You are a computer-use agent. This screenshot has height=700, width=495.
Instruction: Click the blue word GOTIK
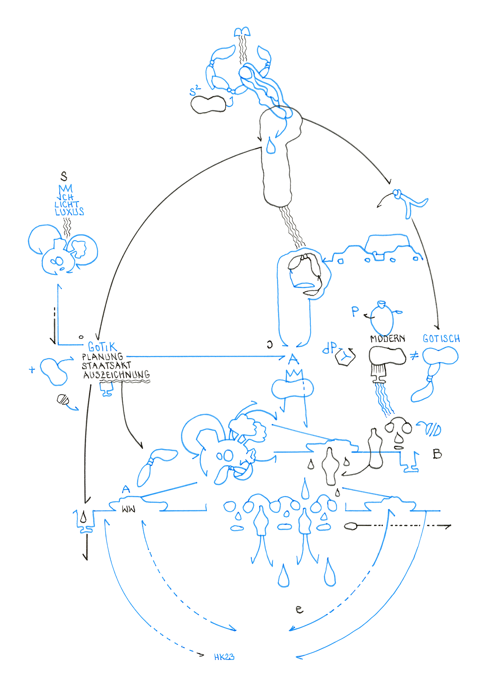point(102,347)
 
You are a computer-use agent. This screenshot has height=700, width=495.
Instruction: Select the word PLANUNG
point(102,357)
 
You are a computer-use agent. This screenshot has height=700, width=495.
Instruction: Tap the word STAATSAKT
point(106,366)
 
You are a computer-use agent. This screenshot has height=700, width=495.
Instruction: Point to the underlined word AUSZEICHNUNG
point(116,375)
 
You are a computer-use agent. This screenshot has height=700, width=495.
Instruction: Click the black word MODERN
point(388,339)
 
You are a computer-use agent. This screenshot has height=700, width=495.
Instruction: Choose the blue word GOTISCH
point(441,339)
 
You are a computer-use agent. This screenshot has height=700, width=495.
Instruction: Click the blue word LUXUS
point(69,212)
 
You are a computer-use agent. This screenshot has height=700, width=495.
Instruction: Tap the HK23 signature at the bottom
point(224,657)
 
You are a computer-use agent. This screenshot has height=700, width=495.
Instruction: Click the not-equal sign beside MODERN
point(414,356)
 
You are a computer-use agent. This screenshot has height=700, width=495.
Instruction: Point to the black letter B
point(437,454)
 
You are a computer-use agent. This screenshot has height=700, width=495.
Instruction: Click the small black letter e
point(299,609)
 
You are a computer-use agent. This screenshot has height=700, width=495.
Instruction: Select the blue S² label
point(195,91)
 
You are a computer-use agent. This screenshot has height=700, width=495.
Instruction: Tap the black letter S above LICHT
point(64,176)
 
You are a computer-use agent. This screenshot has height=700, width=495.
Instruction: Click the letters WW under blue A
point(128,509)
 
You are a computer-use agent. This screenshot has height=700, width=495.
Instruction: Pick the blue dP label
point(329,348)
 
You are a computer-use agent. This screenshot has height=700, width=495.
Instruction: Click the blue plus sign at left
point(32,369)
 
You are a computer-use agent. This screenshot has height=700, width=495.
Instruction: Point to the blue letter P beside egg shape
point(355,311)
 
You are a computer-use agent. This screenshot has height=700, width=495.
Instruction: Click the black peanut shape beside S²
point(209,104)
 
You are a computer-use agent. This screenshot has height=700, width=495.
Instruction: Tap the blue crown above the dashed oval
point(294,376)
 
